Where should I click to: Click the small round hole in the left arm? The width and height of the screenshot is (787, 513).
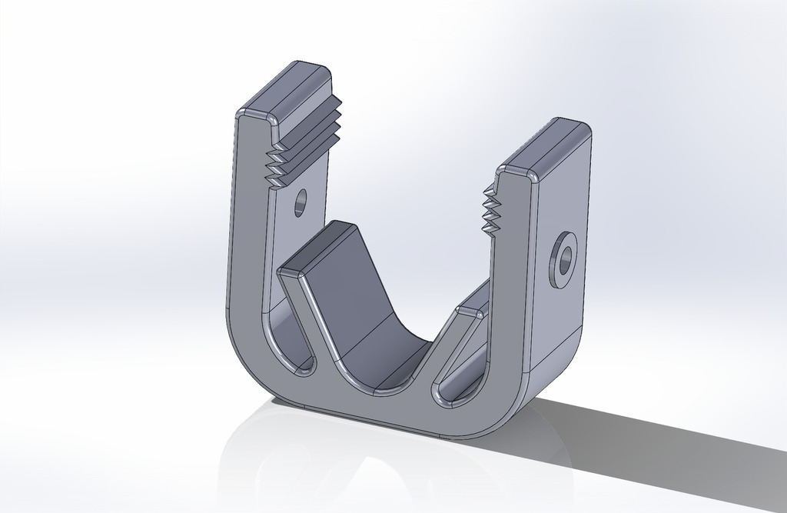pyautogui.click(x=300, y=202)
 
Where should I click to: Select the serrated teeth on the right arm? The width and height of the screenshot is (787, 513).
pyautogui.click(x=489, y=211)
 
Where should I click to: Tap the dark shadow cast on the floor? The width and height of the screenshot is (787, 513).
pyautogui.click(x=653, y=446)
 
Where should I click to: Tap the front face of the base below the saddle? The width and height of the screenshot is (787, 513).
pyautogui.click(x=377, y=408)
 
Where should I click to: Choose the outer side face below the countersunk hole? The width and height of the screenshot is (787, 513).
pyautogui.click(x=557, y=331)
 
